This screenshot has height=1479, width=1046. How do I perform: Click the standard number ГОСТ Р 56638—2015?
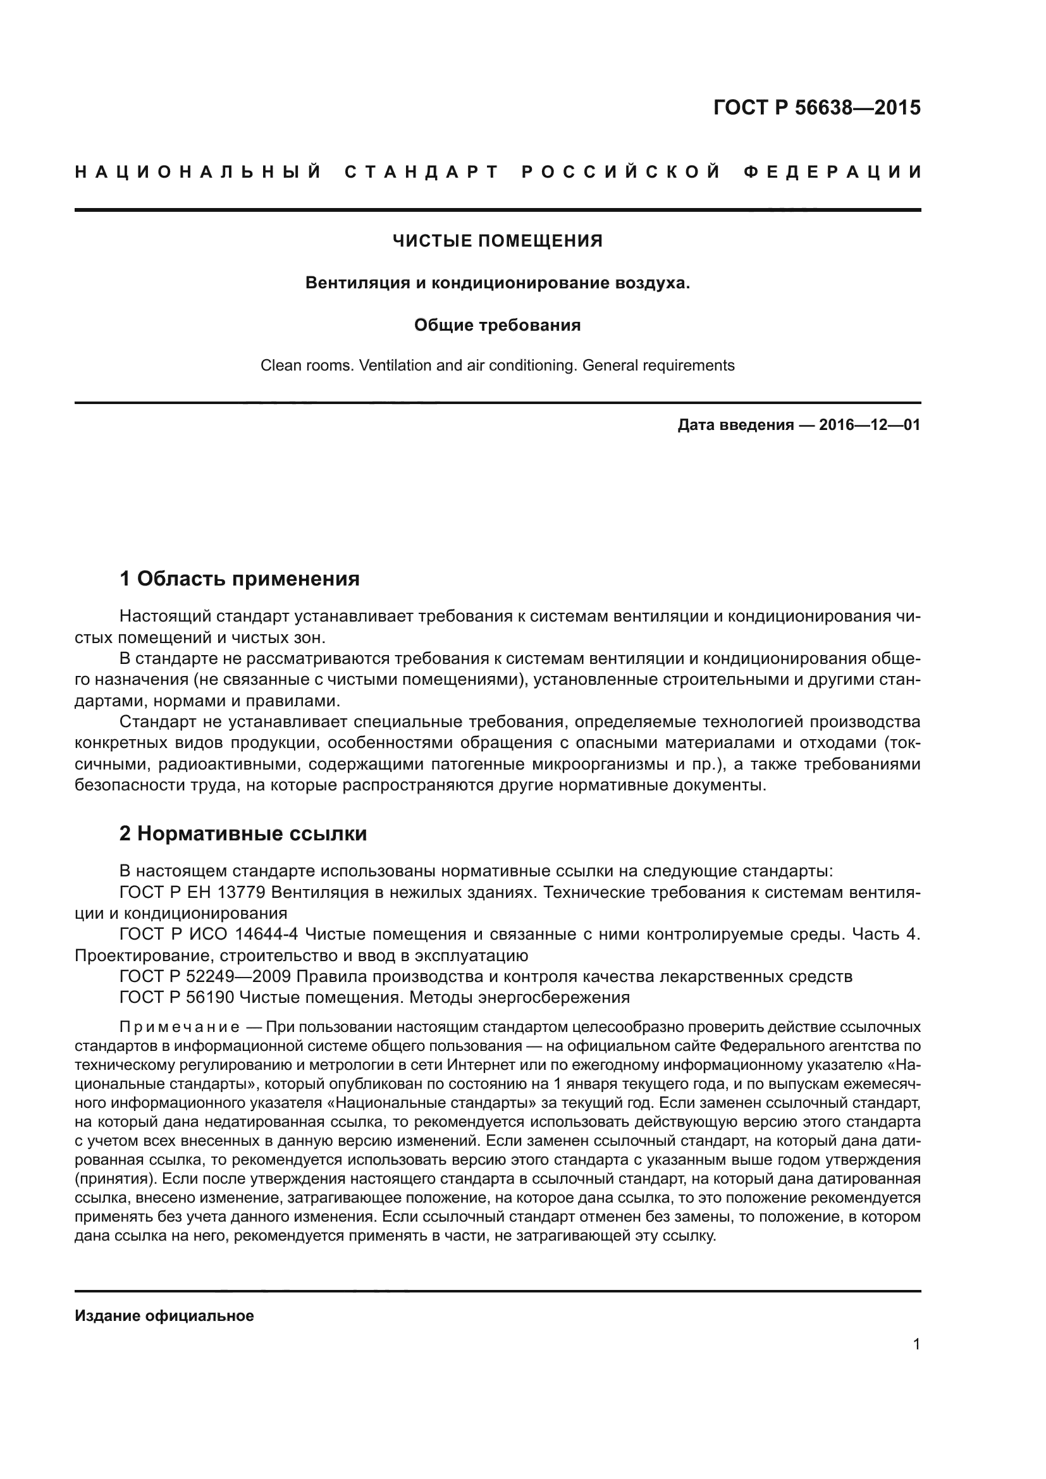point(816,107)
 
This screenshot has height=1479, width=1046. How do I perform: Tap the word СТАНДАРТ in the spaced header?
point(422,172)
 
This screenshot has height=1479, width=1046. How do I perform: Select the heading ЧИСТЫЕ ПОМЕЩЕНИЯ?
point(497,242)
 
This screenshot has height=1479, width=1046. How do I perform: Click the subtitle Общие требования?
point(497,325)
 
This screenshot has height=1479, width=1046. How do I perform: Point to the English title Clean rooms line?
point(497,366)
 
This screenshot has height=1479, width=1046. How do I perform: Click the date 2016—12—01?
point(870,425)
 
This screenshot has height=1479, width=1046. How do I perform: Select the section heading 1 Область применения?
point(240,579)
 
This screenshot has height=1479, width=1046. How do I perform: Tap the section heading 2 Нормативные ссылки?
point(243,833)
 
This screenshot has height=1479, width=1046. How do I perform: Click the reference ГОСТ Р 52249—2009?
point(206,976)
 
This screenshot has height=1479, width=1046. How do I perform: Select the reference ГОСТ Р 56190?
point(176,997)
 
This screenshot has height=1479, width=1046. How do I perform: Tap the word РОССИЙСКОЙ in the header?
point(621,172)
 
